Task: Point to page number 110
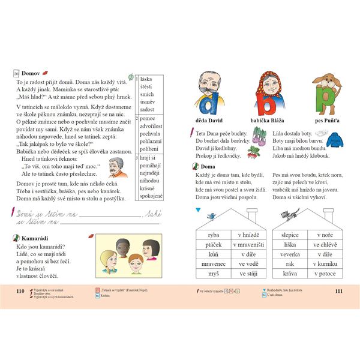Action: point(21,290)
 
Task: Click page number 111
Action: point(338,290)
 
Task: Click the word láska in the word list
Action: point(147,79)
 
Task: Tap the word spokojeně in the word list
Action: point(151,196)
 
